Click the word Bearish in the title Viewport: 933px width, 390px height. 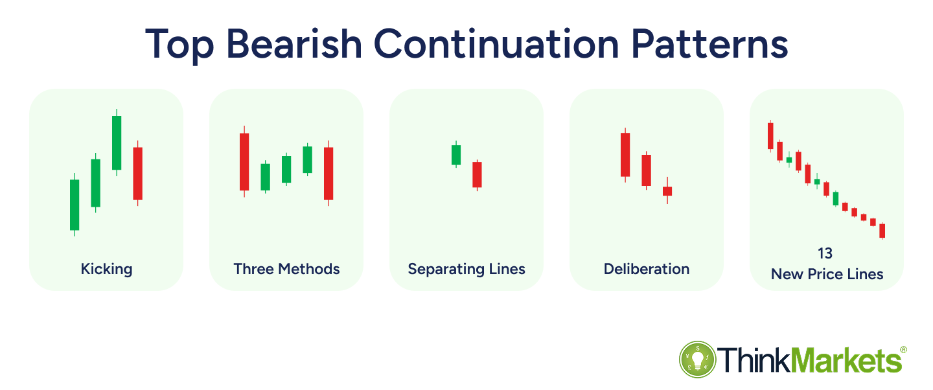(x=294, y=44)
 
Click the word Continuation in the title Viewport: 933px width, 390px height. (x=496, y=44)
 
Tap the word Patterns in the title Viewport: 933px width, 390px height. (x=709, y=44)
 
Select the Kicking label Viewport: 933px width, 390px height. (x=107, y=269)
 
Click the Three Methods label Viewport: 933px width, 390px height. (x=286, y=269)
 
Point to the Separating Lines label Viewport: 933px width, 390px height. (x=466, y=269)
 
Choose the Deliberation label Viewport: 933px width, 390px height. (x=647, y=269)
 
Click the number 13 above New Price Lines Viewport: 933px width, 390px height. (x=825, y=253)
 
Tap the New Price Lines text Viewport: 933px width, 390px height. (x=827, y=274)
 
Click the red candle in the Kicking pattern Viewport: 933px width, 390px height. (x=138, y=174)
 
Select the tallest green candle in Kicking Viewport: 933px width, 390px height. (x=117, y=143)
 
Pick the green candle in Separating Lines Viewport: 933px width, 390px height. (x=456, y=155)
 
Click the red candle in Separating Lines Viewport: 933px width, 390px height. (x=477, y=174)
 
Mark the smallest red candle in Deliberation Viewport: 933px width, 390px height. (x=667, y=191)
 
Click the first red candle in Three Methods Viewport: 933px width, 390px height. (x=244, y=162)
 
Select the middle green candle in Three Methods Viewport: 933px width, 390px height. (x=286, y=169)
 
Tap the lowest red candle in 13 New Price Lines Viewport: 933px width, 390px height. (x=882, y=231)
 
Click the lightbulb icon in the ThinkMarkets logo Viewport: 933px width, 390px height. (x=698, y=360)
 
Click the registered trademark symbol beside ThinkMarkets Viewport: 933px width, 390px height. (x=903, y=350)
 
